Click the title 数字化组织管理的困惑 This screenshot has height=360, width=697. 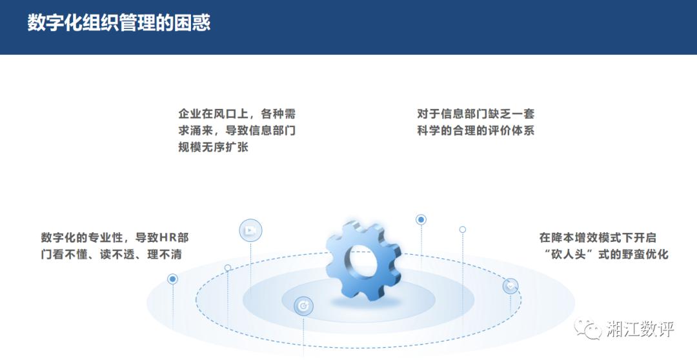(x=119, y=22)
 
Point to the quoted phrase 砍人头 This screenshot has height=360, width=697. (x=569, y=255)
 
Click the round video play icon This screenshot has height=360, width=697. (x=250, y=231)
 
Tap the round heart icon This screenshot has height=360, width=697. (x=510, y=286)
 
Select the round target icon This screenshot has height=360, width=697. (x=303, y=306)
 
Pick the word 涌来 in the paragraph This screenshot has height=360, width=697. (x=202, y=131)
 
